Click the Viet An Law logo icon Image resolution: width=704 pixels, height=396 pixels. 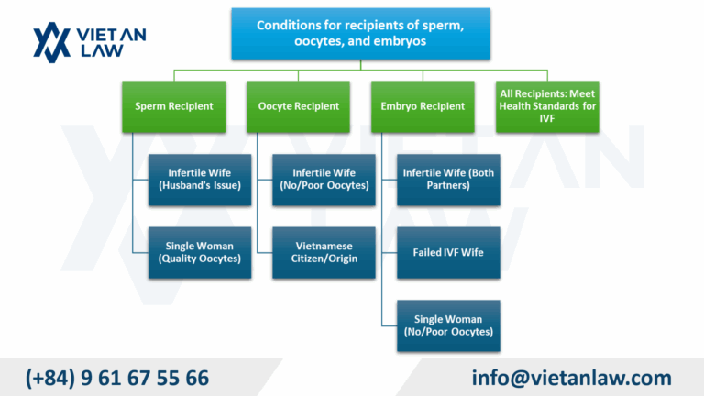(x=51, y=41)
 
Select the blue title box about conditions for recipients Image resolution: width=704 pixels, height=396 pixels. (x=359, y=34)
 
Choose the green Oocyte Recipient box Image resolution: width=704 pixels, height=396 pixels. (x=304, y=106)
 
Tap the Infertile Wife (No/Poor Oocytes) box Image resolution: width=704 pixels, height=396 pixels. (x=324, y=180)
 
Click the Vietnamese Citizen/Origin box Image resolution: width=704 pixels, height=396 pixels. (x=324, y=252)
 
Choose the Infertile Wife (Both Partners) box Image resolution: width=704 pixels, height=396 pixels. (x=449, y=180)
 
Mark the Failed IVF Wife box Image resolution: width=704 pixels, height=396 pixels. (x=449, y=252)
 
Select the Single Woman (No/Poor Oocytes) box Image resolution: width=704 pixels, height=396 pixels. (x=449, y=325)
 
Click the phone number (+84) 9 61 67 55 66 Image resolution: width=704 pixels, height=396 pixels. (x=117, y=377)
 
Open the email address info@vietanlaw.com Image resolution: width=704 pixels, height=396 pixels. (x=571, y=377)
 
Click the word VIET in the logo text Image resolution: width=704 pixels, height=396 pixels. (x=115, y=35)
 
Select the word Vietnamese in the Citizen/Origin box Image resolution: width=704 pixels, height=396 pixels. (x=324, y=246)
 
